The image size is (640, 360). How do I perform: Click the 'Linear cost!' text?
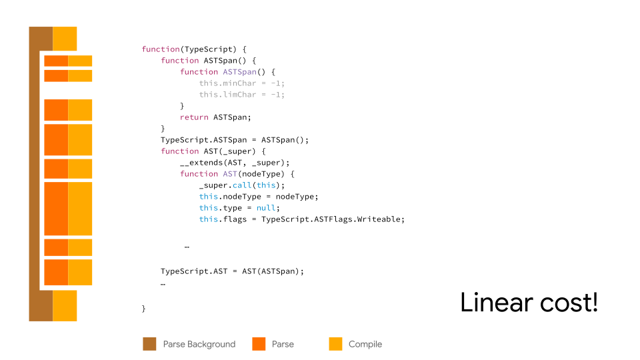(529, 303)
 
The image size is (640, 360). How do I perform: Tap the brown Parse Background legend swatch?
(149, 344)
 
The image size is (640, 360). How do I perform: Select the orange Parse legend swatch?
(259, 344)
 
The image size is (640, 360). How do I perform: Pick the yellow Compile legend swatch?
(335, 344)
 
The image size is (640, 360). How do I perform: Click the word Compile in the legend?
(365, 345)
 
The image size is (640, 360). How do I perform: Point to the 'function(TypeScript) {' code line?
(194, 49)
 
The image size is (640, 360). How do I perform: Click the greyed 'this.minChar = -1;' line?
(241, 83)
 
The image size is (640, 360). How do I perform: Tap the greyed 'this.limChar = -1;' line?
(241, 95)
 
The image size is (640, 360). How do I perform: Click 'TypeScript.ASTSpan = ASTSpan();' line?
(235, 140)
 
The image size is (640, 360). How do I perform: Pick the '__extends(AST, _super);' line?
(235, 163)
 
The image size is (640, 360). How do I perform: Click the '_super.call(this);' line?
(241, 185)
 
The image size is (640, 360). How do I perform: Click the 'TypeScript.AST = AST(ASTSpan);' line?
(232, 271)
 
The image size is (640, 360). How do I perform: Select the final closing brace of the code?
(144, 309)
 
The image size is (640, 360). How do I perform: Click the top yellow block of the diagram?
(65, 39)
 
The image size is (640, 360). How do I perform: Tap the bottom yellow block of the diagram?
(65, 305)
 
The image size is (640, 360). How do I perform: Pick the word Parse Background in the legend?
(199, 345)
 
